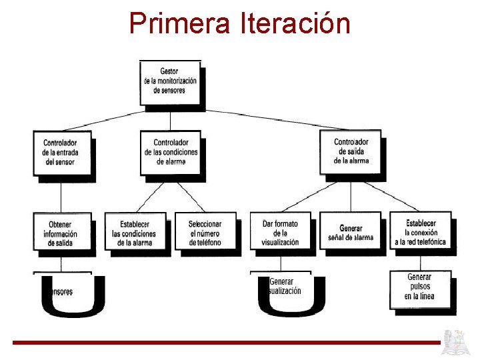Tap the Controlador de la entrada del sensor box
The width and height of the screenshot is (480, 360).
click(x=61, y=153)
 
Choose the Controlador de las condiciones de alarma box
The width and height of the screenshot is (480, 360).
click(x=171, y=153)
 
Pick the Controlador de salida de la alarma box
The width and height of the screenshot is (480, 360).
click(x=351, y=151)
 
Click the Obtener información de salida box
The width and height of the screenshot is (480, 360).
click(x=61, y=233)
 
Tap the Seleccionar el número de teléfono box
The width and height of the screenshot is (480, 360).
click(x=205, y=233)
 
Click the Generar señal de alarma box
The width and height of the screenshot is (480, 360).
click(x=351, y=232)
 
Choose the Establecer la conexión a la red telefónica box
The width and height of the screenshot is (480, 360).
click(x=420, y=232)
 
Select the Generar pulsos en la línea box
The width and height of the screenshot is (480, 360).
click(x=420, y=287)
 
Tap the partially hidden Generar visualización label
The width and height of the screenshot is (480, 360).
click(x=285, y=286)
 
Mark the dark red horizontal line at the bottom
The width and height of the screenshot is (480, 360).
click(x=227, y=343)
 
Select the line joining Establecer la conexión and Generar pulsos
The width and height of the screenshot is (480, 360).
click(x=420, y=261)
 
